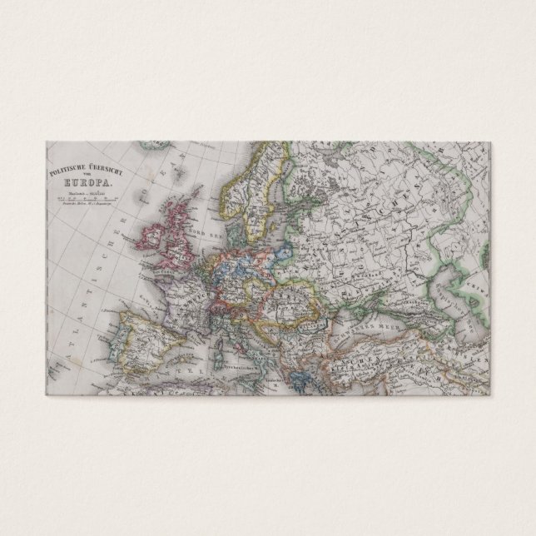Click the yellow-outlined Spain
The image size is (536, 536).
pos(146,333)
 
